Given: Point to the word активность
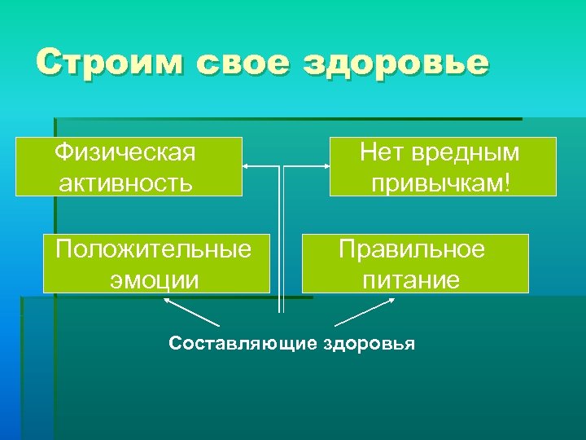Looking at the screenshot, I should (x=125, y=181).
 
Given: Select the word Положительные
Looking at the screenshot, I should (x=154, y=249).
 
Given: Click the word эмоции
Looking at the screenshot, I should (x=154, y=279).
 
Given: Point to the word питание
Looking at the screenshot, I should (x=411, y=279).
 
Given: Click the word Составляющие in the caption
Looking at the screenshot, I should (x=243, y=344).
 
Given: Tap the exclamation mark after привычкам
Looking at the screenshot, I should (x=507, y=181).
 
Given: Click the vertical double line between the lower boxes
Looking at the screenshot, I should (x=282, y=261).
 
